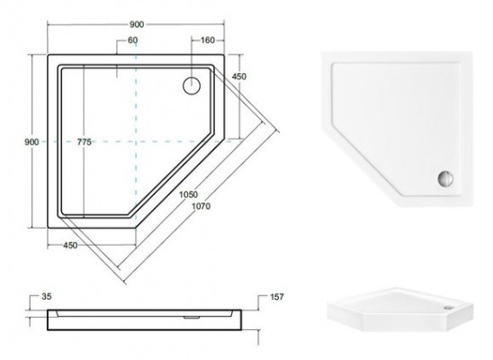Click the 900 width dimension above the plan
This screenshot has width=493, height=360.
[137, 24]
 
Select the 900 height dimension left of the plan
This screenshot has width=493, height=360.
[31, 142]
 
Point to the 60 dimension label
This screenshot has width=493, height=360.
[132, 40]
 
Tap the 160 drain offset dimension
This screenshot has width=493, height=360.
[208, 40]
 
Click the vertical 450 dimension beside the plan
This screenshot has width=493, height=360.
[239, 76]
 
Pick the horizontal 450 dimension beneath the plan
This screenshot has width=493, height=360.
[70, 245]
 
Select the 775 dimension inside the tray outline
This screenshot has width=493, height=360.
[85, 142]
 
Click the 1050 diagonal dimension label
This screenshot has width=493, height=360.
[188, 194]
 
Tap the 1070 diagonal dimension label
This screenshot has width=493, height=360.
[202, 206]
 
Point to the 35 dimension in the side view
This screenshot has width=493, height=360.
[46, 296]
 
